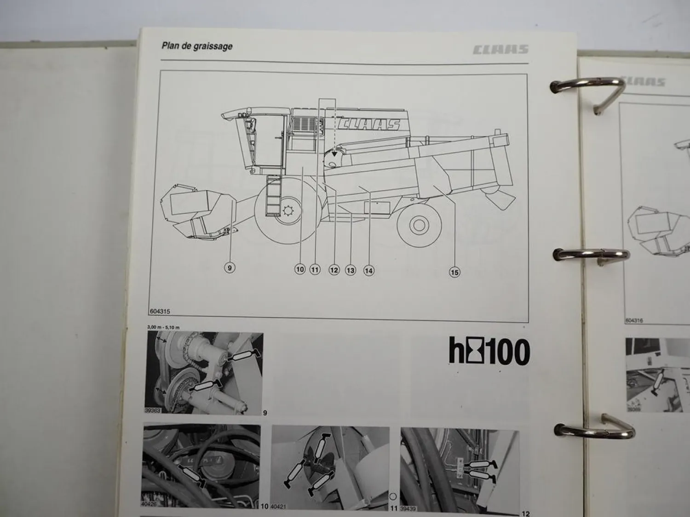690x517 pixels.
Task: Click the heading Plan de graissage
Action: coord(196,46)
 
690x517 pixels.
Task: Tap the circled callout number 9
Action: coord(229,267)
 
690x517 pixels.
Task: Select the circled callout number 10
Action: coord(300,269)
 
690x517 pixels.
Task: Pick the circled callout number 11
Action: coord(315,270)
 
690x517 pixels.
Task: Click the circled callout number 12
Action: coord(334,270)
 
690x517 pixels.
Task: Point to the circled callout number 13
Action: coord(351,270)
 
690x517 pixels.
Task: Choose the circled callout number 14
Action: coord(368,271)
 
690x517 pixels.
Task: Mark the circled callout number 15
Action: coord(454,273)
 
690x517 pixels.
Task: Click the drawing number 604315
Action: coord(160,311)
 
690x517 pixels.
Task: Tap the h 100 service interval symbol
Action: coord(489,352)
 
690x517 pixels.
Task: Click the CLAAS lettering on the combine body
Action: coord(368,125)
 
